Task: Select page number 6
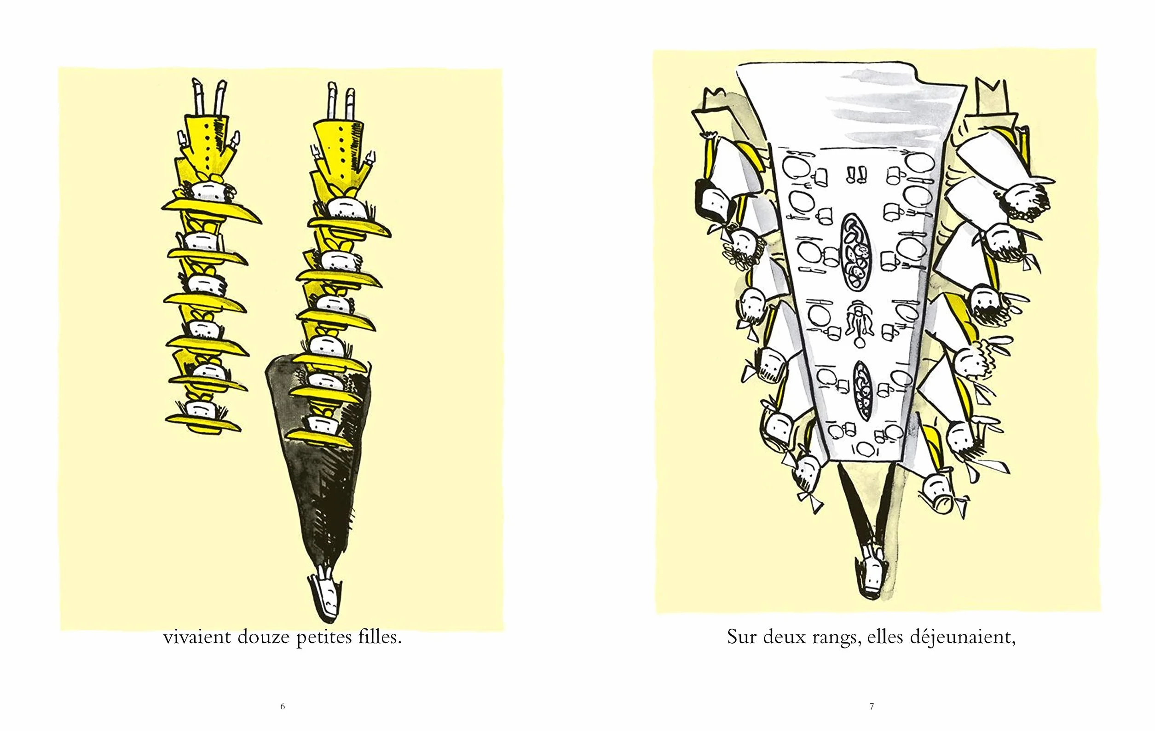(x=283, y=706)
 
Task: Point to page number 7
(x=872, y=706)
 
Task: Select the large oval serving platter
(x=856, y=252)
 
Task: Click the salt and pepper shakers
(x=856, y=175)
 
